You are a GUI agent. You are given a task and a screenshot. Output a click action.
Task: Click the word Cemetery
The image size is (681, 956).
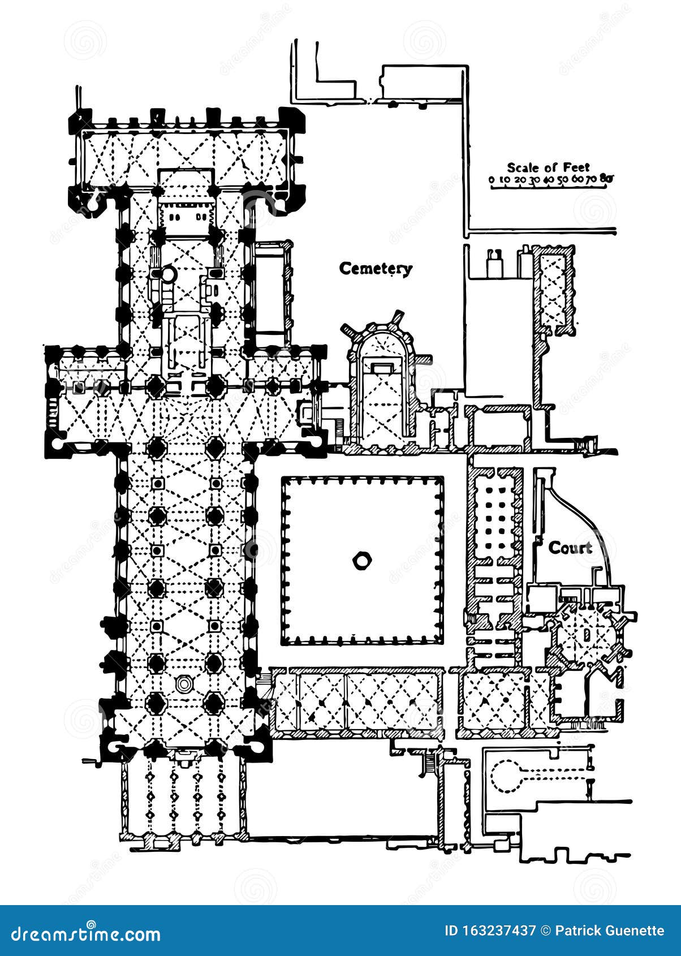[376, 269]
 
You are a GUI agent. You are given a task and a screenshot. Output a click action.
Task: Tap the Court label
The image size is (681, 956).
[570, 548]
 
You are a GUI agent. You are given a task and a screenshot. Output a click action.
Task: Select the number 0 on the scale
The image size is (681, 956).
[492, 179]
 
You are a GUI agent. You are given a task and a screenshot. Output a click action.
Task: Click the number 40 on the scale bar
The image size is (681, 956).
[548, 179]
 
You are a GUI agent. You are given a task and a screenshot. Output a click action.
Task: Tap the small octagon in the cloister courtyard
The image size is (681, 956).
[361, 561]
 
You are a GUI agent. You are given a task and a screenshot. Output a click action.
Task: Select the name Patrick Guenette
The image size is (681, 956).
[610, 931]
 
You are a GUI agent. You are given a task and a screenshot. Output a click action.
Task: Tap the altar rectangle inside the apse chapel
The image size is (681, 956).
[382, 367]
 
